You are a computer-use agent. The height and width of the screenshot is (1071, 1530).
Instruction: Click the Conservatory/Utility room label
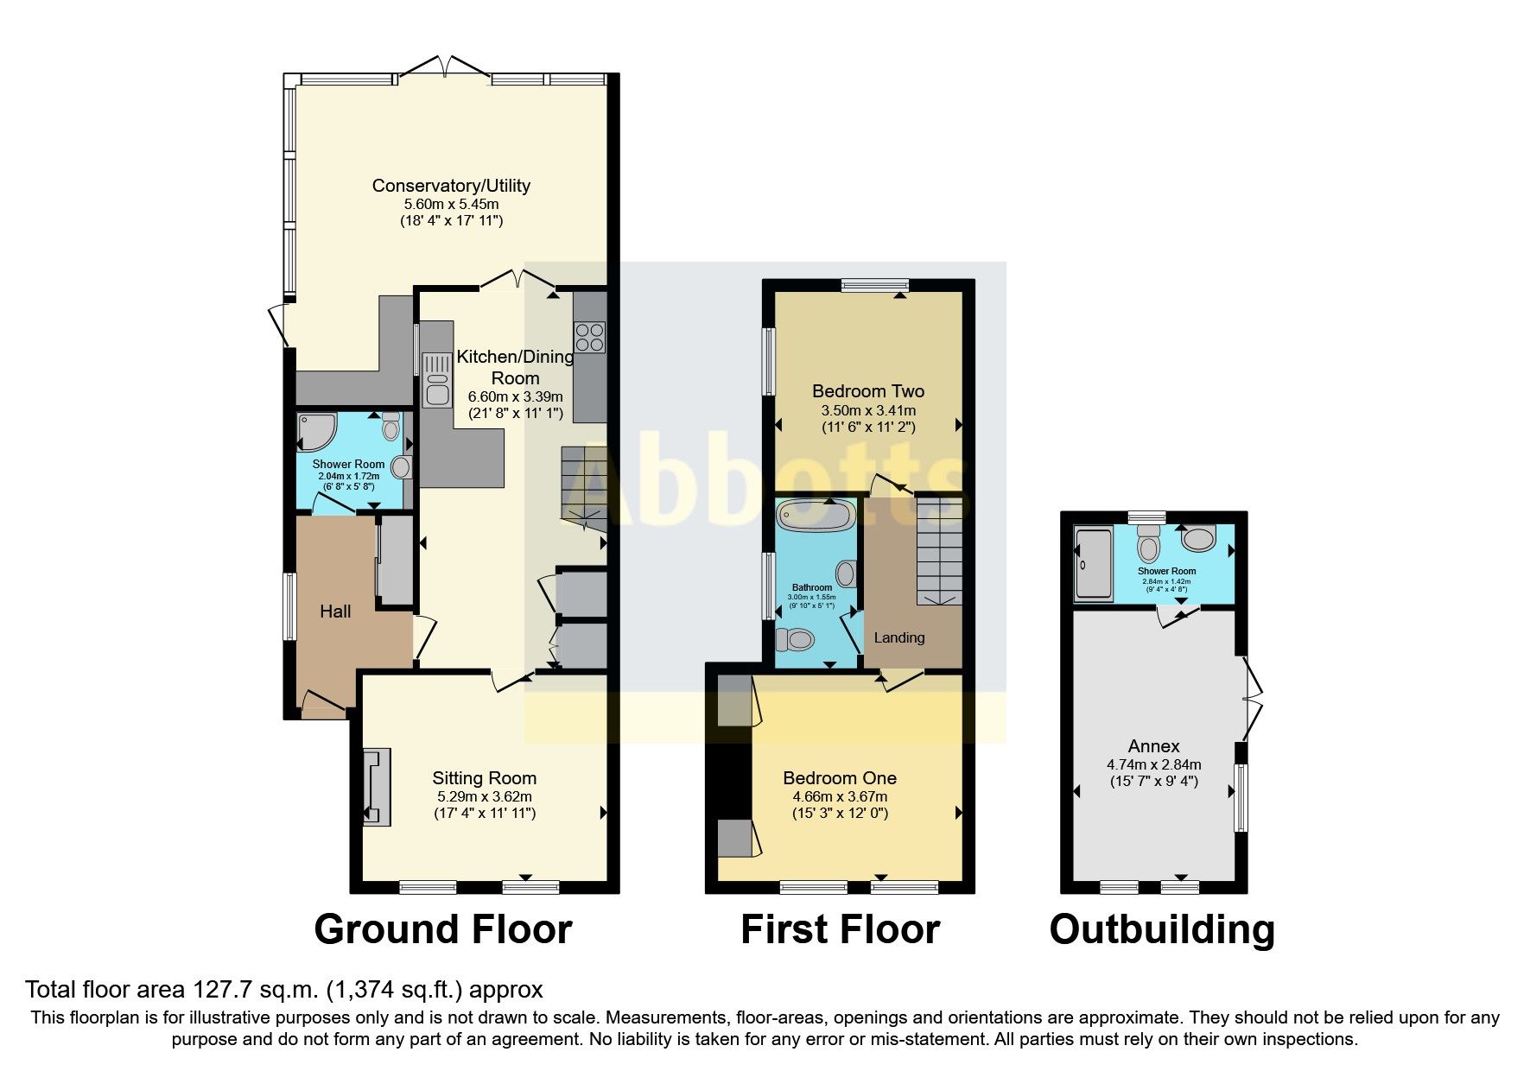[x=451, y=186]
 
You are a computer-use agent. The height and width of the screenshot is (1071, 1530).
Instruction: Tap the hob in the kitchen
[x=590, y=337]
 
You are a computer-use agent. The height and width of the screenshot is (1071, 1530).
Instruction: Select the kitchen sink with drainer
[x=436, y=380]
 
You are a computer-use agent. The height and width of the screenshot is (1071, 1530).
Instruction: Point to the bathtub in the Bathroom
[x=816, y=516]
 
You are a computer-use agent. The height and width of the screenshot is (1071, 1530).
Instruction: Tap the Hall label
[x=335, y=612]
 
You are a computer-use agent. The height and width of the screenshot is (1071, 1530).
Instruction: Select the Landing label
[x=899, y=637]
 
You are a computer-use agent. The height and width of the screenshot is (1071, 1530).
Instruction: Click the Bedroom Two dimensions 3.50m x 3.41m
[x=868, y=410]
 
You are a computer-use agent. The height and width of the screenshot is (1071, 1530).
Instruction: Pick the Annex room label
[x=1153, y=745]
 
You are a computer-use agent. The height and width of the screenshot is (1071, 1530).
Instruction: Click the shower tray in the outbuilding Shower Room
[x=1094, y=565]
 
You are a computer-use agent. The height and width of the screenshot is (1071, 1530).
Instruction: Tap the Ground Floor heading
[x=443, y=929]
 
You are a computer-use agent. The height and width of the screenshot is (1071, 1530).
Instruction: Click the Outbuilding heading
[x=1162, y=929]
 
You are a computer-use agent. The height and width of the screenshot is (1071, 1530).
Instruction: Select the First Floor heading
[x=840, y=929]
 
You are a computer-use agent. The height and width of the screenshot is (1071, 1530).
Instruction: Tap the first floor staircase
[x=939, y=551]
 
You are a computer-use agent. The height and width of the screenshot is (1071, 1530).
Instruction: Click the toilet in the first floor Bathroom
[x=796, y=640]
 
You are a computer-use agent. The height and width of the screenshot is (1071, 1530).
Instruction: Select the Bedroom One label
[x=840, y=778]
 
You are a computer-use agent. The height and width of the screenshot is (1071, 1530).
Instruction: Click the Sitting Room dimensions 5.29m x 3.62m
[x=484, y=796]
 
